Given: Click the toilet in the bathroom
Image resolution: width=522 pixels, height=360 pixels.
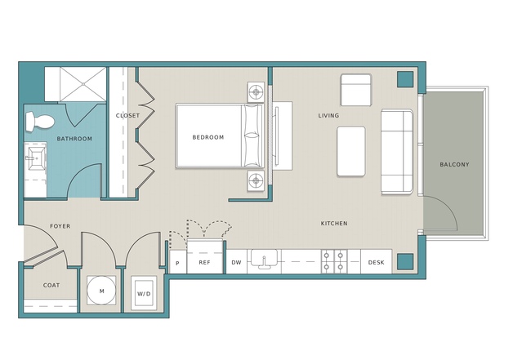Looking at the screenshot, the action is coord(39,122).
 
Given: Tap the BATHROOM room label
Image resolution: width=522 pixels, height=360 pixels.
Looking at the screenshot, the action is coord(74,139).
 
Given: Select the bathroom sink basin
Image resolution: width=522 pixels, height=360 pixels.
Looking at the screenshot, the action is coord(35,158).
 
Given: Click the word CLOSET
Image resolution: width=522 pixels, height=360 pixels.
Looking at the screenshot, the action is coord(127,115).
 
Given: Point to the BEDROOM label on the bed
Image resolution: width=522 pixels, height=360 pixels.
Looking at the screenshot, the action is coord(208,137).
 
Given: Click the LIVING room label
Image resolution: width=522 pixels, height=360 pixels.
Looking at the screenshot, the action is coord(328,115).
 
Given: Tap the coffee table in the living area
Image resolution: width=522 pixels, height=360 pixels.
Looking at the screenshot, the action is coord(351,151).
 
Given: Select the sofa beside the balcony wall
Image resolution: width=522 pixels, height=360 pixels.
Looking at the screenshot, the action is coord(397,151).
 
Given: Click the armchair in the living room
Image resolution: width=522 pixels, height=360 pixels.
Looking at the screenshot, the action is coord(356,90).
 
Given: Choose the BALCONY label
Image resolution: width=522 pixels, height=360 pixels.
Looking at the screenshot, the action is coord(454,164).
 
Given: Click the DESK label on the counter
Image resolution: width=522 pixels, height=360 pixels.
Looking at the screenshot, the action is coord(377,263).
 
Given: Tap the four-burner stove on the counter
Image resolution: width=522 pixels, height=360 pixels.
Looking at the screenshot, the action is coord(333,261).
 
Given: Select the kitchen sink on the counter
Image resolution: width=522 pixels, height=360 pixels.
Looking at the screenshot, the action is coord(264,259).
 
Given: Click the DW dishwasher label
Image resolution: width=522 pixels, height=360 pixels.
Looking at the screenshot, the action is coord(236,263).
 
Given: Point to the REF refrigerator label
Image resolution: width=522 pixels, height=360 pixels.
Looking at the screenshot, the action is coord(204,263).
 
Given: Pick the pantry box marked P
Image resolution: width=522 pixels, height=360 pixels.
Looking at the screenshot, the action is coord(178,262).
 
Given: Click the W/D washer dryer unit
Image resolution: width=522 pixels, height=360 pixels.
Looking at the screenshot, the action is coord(144,293).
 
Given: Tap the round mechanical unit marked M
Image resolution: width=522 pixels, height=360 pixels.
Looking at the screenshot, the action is coord(101,290).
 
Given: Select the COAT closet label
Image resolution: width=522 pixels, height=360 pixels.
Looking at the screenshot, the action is coord(51,285).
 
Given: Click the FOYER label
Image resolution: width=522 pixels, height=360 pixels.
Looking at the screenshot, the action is coord(60,226).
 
